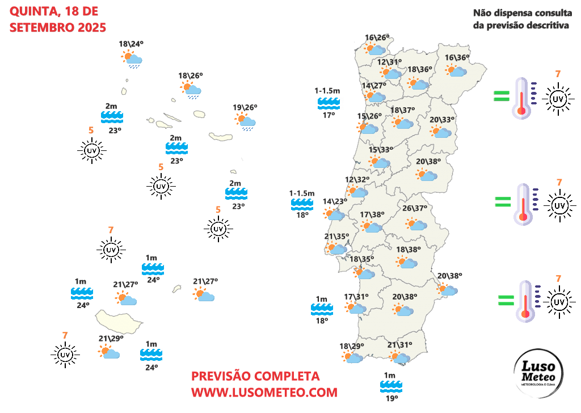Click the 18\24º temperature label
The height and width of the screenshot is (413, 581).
[x=131, y=44]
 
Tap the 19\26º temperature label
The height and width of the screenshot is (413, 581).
[x=245, y=107]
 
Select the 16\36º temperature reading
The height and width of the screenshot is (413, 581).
[x=457, y=58]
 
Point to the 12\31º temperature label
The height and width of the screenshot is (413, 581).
[x=389, y=62]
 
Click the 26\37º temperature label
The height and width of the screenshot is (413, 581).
[x=415, y=208]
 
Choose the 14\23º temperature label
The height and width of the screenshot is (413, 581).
[x=335, y=201]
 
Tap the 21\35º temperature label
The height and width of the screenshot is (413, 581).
[x=336, y=236]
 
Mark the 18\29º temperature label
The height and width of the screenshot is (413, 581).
[x=351, y=346]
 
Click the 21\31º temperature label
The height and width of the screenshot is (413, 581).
[x=399, y=345]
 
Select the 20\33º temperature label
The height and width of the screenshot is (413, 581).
[x=442, y=120]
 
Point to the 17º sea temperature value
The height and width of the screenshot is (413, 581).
[x=329, y=115]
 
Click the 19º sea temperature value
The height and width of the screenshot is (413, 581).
[x=391, y=399]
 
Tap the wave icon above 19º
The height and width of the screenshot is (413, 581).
[x=391, y=387]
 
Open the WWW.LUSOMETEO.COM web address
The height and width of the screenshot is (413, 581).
[x=264, y=392]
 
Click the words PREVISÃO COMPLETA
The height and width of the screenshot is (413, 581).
[x=255, y=376]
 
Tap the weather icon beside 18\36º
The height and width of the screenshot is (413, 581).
[x=419, y=84]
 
